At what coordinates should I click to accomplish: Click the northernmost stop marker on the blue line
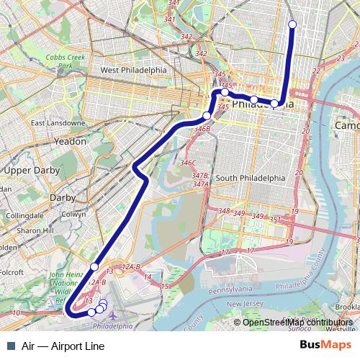coord(292,24)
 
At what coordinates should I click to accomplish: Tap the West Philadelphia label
coord(133,71)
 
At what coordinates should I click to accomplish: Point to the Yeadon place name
coord(71,142)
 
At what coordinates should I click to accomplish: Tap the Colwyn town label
coord(73,214)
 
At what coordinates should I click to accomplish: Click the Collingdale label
coord(24,215)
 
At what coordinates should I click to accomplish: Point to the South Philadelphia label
coord(250,178)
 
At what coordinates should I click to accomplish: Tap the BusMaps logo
coord(330,346)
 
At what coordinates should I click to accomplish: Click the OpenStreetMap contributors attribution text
coord(297,323)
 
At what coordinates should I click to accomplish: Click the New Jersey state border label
coord(246,305)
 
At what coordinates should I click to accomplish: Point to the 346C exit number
coord(188,163)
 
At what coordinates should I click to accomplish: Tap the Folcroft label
coord(10,273)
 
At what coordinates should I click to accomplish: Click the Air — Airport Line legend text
coord(63,346)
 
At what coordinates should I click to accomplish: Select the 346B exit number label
coord(202,129)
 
